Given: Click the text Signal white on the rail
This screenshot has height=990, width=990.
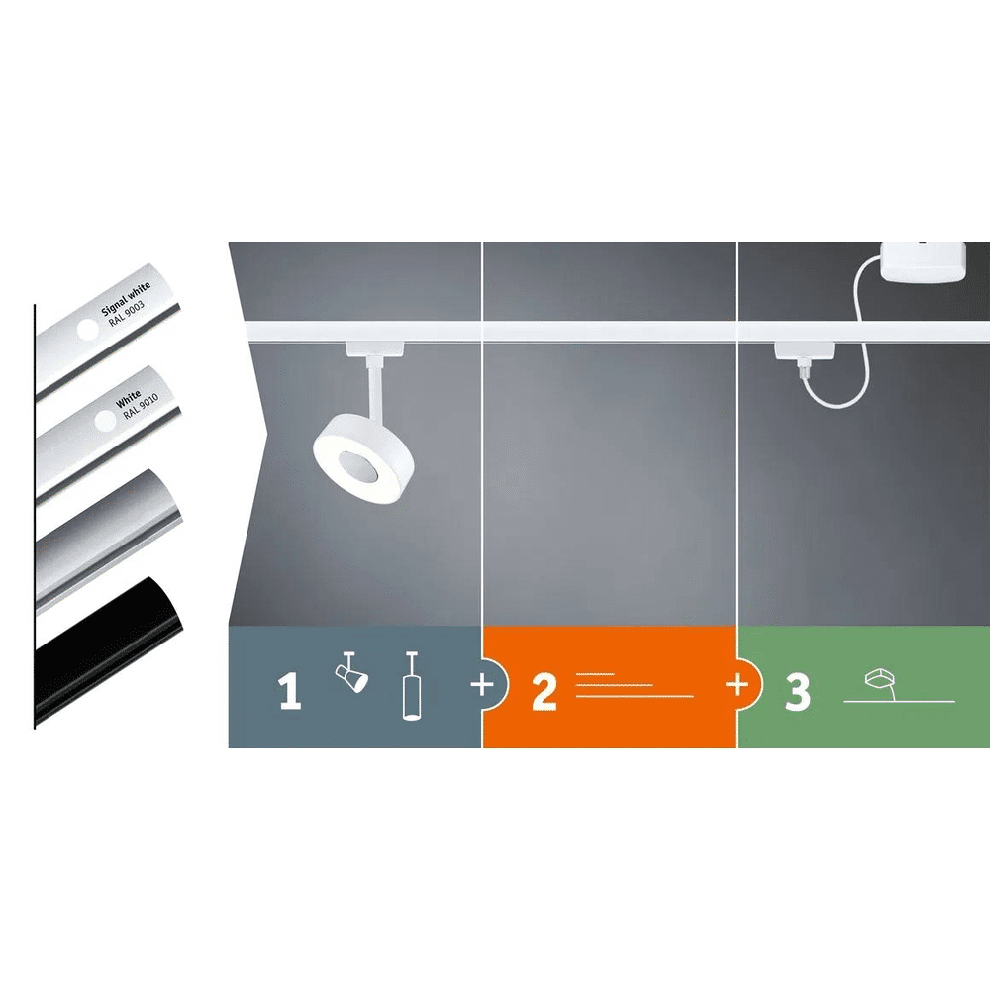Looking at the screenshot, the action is pyautogui.click(x=127, y=298).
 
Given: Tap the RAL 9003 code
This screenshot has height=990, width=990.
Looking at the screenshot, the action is pyautogui.click(x=127, y=313).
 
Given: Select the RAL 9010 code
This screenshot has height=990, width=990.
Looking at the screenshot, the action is pyautogui.click(x=141, y=406).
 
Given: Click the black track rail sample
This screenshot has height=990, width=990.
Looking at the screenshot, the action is pyautogui.click(x=109, y=650).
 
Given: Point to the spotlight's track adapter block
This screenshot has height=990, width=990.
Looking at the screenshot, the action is pyautogui.click(x=374, y=349).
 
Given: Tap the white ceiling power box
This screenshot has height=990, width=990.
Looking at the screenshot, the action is pyautogui.click(x=923, y=261).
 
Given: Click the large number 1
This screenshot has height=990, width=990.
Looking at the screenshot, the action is pyautogui.click(x=289, y=691).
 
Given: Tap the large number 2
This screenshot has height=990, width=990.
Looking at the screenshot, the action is pyautogui.click(x=544, y=691).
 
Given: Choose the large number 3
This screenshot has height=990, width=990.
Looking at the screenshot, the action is pyautogui.click(x=797, y=691).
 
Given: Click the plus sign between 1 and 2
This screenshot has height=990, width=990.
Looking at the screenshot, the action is pyautogui.click(x=482, y=684).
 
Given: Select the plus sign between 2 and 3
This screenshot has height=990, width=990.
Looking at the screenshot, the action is pyautogui.click(x=737, y=684).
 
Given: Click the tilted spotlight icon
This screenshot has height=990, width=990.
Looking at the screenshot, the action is pyautogui.click(x=351, y=672).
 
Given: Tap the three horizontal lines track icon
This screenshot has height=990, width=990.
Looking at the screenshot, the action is pyautogui.click(x=635, y=685).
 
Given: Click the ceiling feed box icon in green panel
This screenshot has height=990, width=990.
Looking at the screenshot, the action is pyautogui.click(x=880, y=681).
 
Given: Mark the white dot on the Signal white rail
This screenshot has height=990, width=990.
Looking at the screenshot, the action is pyautogui.click(x=88, y=330).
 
